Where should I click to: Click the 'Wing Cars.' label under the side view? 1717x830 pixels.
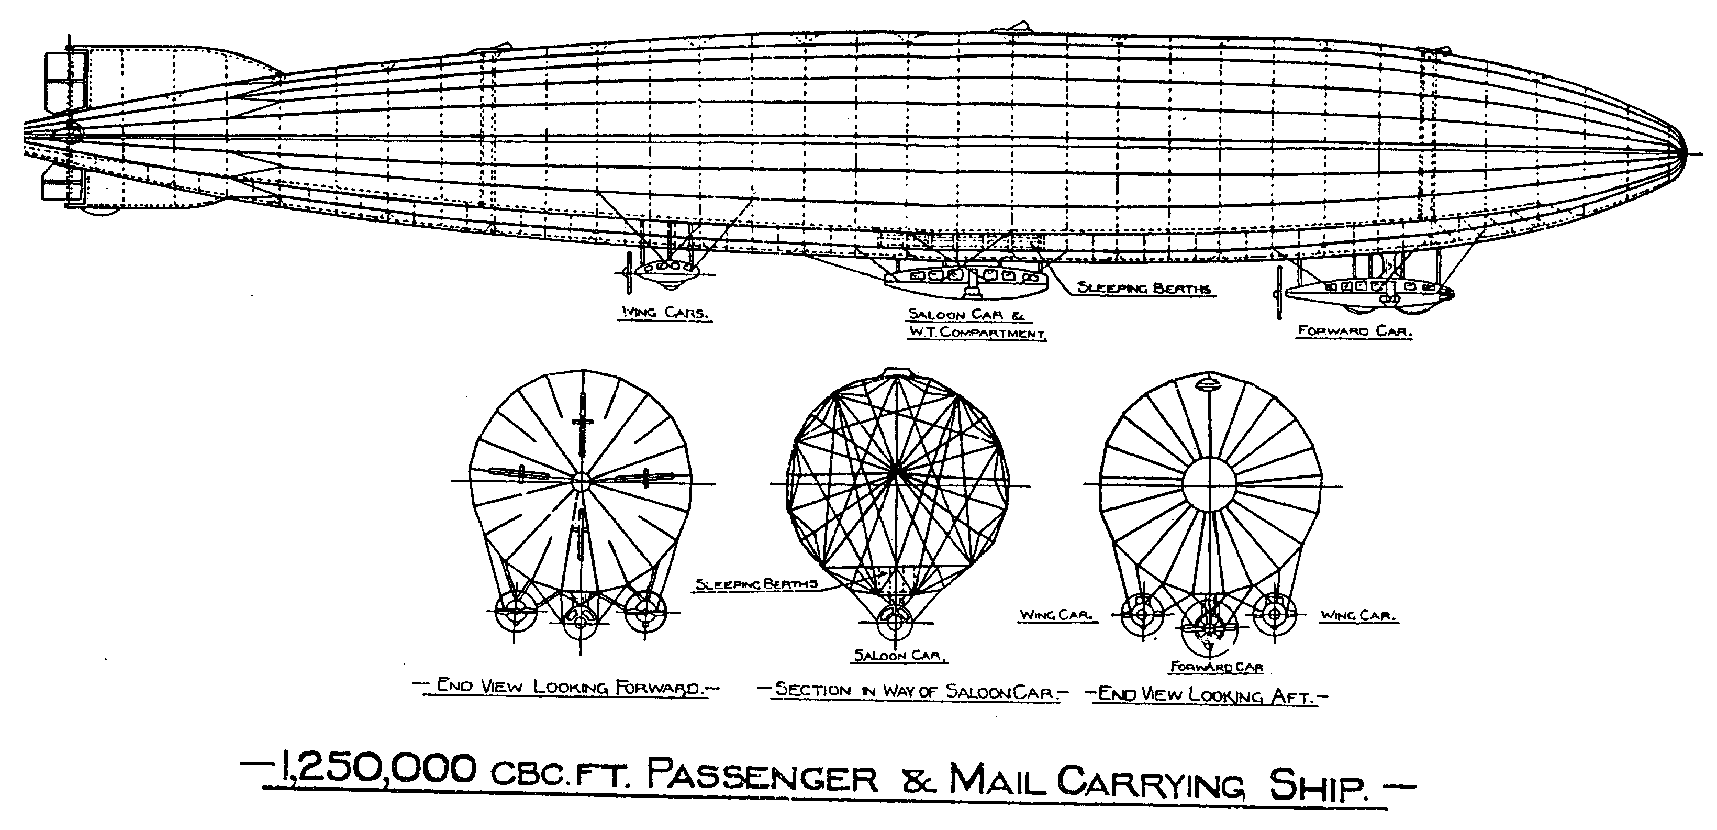(664, 313)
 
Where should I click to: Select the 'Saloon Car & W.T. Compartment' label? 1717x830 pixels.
(976, 323)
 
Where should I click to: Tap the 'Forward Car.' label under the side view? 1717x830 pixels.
(1354, 330)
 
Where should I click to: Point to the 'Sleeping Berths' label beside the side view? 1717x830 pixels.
(1144, 288)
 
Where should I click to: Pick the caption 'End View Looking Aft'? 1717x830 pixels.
(1207, 695)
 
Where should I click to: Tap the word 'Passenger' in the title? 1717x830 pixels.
(763, 777)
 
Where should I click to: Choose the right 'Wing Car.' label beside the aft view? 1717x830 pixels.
(1358, 615)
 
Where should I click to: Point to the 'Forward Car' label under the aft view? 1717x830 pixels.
(1217, 667)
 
